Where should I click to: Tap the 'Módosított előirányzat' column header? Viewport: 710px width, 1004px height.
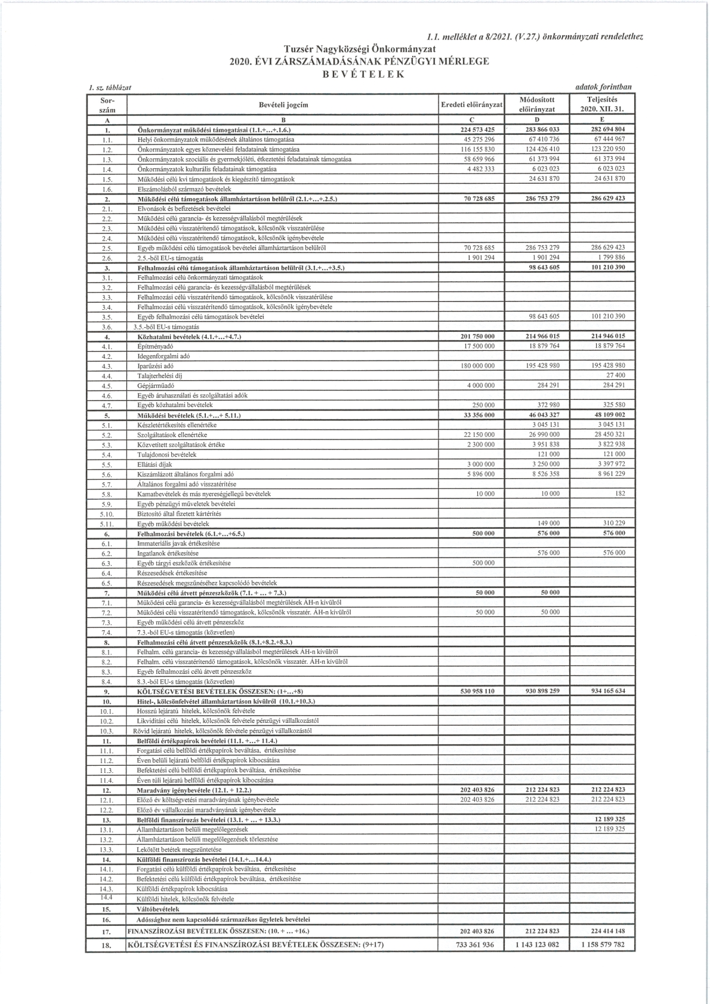click(537, 104)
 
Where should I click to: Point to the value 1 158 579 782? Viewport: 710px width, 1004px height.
click(602, 945)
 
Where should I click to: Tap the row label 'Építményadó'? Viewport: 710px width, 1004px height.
click(155, 346)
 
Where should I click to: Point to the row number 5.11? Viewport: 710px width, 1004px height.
click(107, 523)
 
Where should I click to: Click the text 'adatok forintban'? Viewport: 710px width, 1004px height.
click(603, 87)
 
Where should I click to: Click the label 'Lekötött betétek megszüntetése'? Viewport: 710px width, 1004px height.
click(179, 849)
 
